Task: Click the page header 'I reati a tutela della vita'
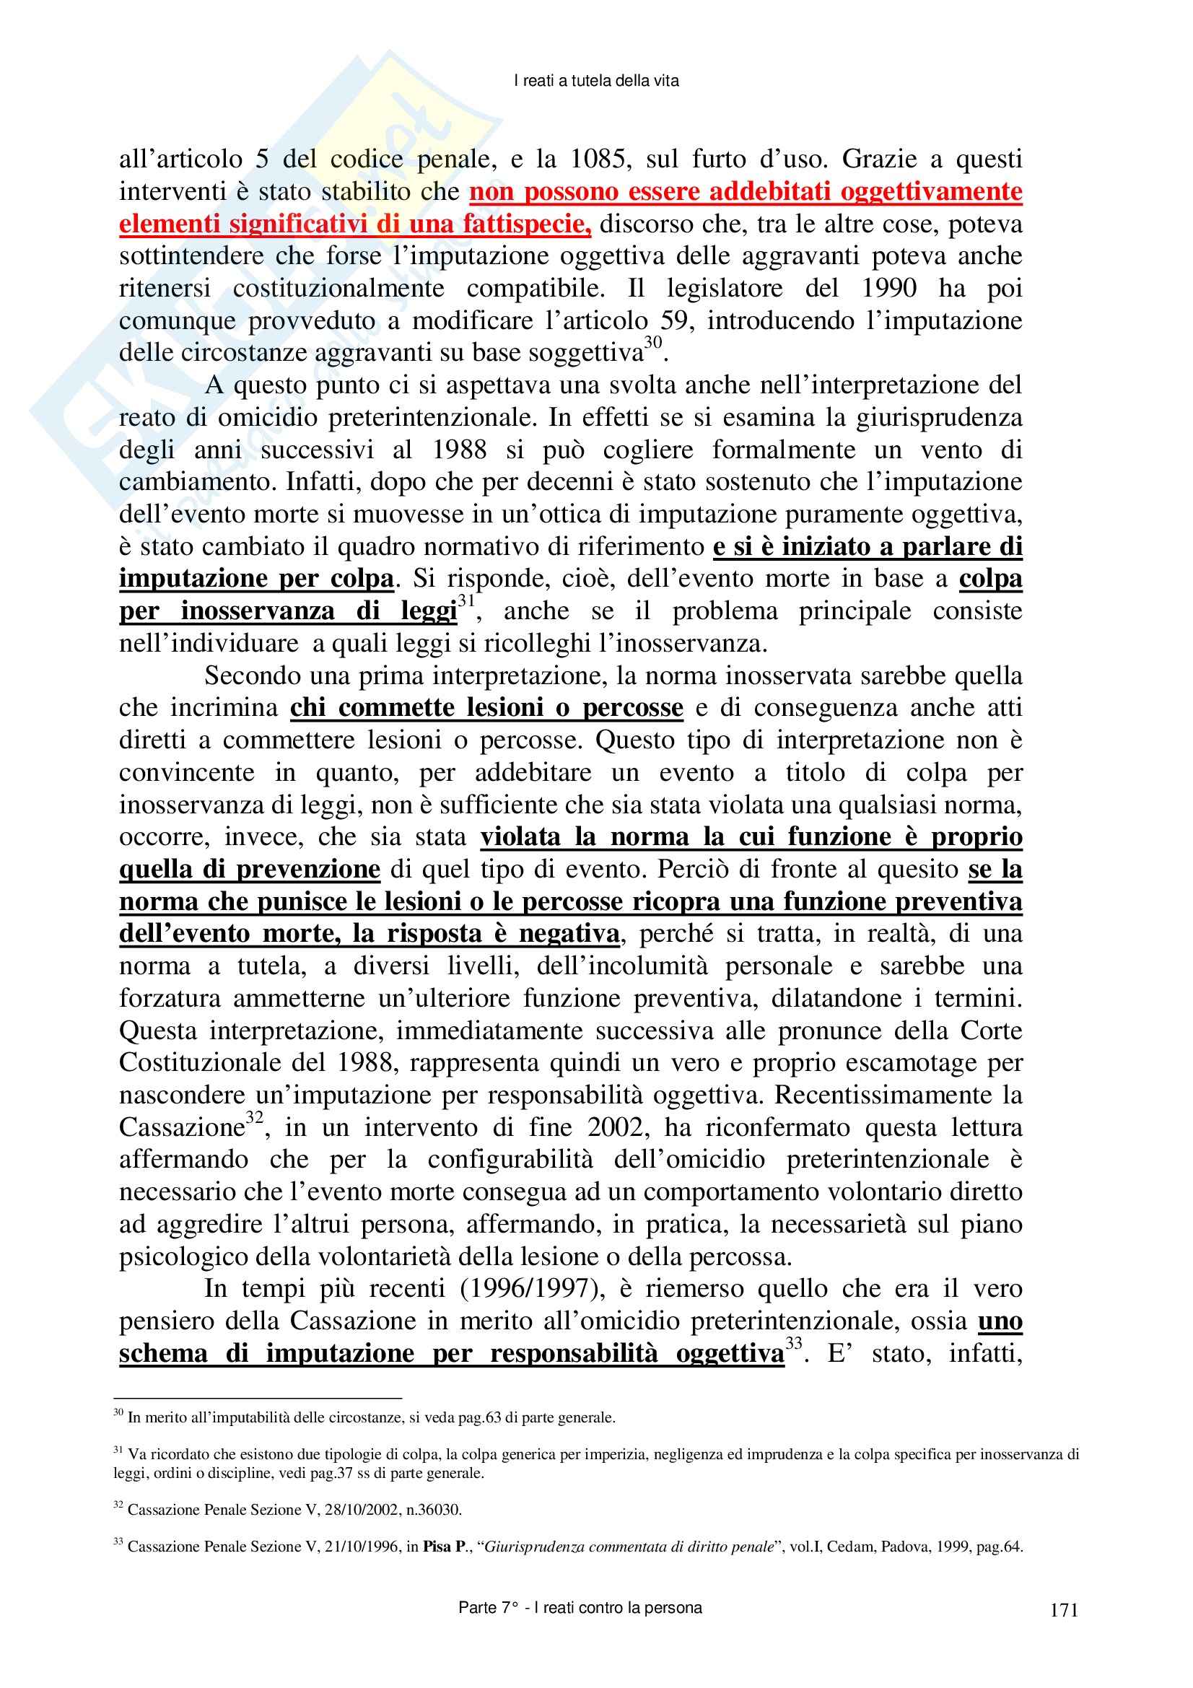click(595, 82)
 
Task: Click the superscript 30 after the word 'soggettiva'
click(653, 344)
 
